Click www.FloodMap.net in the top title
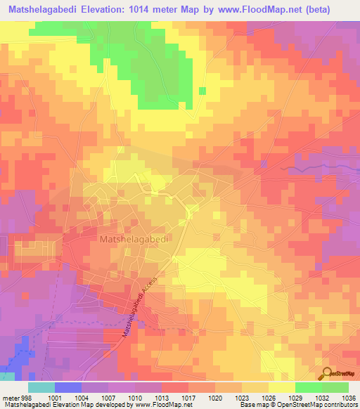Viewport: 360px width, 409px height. pos(270,10)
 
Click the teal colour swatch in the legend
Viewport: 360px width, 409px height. pos(41,387)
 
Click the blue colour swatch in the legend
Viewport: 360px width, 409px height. pos(67,387)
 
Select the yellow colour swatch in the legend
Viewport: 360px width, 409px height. pos(281,387)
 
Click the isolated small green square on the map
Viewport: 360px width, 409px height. pos(202,91)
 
